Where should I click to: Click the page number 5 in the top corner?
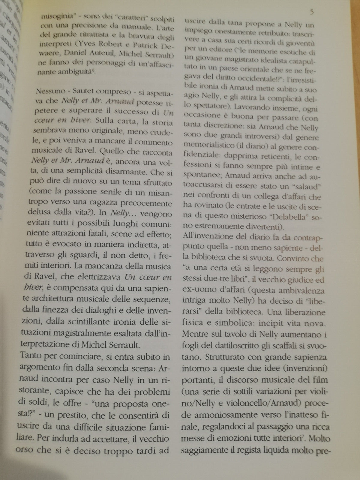[312, 12]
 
